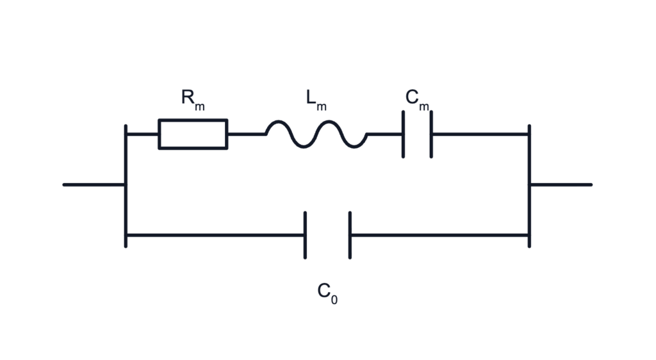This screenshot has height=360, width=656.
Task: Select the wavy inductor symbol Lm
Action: [x=316, y=135]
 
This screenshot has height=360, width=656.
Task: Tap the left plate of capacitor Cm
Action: [x=404, y=135]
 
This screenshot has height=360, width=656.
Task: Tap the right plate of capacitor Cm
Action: [x=431, y=135]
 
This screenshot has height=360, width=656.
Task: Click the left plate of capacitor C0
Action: [x=305, y=235]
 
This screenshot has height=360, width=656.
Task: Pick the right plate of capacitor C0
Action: [x=350, y=235]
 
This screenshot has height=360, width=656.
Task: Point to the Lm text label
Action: [x=316, y=100]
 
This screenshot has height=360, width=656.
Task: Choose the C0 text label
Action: [x=327, y=293]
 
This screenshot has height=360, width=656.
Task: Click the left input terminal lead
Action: [x=94, y=184]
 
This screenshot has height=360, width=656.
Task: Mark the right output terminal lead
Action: [x=561, y=184]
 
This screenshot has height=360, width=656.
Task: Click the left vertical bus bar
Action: [x=126, y=186]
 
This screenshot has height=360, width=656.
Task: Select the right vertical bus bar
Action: [x=529, y=186]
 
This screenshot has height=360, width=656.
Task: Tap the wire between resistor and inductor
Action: [x=247, y=135]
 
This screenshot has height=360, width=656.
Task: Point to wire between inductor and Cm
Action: [x=384, y=135]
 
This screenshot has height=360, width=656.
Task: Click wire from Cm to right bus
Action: [x=480, y=135]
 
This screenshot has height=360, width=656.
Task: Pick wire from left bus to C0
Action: [x=215, y=235]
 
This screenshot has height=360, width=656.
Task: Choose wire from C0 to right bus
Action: [x=439, y=235]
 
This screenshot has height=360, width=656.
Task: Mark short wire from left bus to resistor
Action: [x=143, y=135]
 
